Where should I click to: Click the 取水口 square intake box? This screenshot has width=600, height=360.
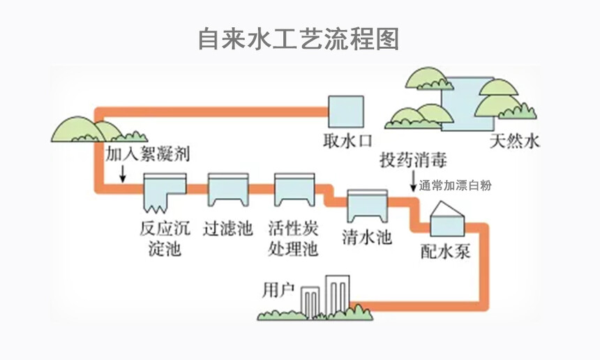(x=345, y=111)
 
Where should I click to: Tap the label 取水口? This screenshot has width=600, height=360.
(x=346, y=142)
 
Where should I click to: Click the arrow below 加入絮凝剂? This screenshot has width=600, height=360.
(x=123, y=172)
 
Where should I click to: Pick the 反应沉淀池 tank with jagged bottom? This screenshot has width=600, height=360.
(x=164, y=193)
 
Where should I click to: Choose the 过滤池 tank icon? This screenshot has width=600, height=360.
(x=228, y=190)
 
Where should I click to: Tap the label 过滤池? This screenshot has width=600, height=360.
(x=227, y=229)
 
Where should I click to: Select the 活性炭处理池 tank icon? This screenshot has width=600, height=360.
(x=293, y=190)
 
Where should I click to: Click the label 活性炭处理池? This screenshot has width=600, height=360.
(x=293, y=238)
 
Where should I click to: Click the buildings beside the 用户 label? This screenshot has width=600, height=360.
(x=328, y=297)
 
